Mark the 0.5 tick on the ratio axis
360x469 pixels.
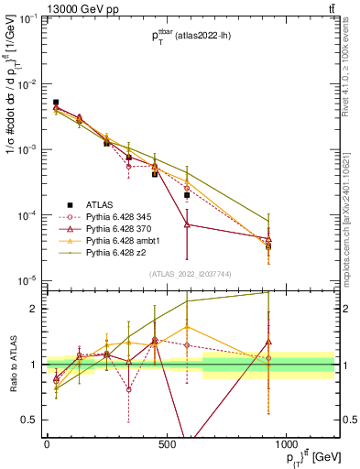(33, 420)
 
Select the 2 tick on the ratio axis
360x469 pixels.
(37, 309)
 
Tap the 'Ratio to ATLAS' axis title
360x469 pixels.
(12, 362)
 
